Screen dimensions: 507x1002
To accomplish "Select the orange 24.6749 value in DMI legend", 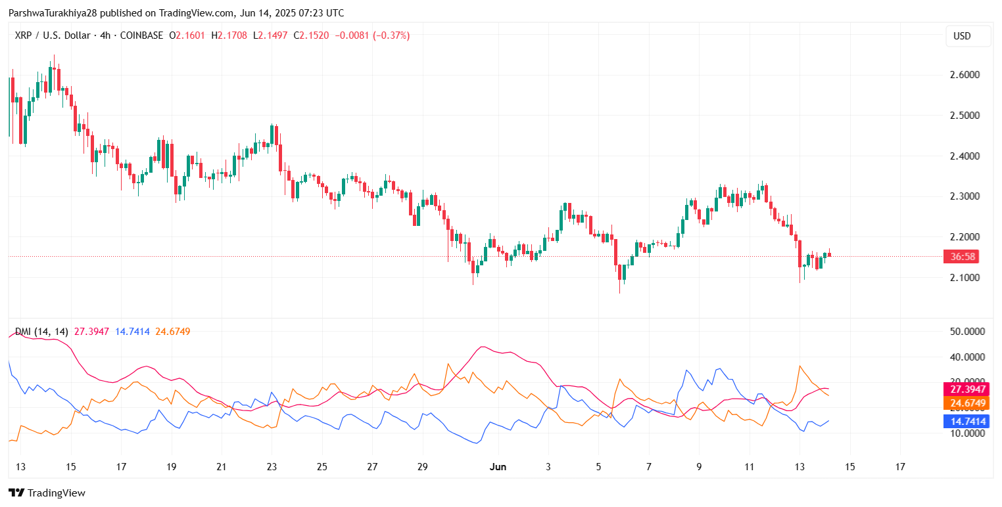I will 173,332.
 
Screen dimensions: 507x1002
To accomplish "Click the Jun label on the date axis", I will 498,467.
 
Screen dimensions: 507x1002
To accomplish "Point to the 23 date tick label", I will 272,467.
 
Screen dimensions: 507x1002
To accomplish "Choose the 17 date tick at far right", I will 900,467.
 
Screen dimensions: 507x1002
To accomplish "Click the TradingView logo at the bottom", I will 47,493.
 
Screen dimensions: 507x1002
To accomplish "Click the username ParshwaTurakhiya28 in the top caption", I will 50,13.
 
